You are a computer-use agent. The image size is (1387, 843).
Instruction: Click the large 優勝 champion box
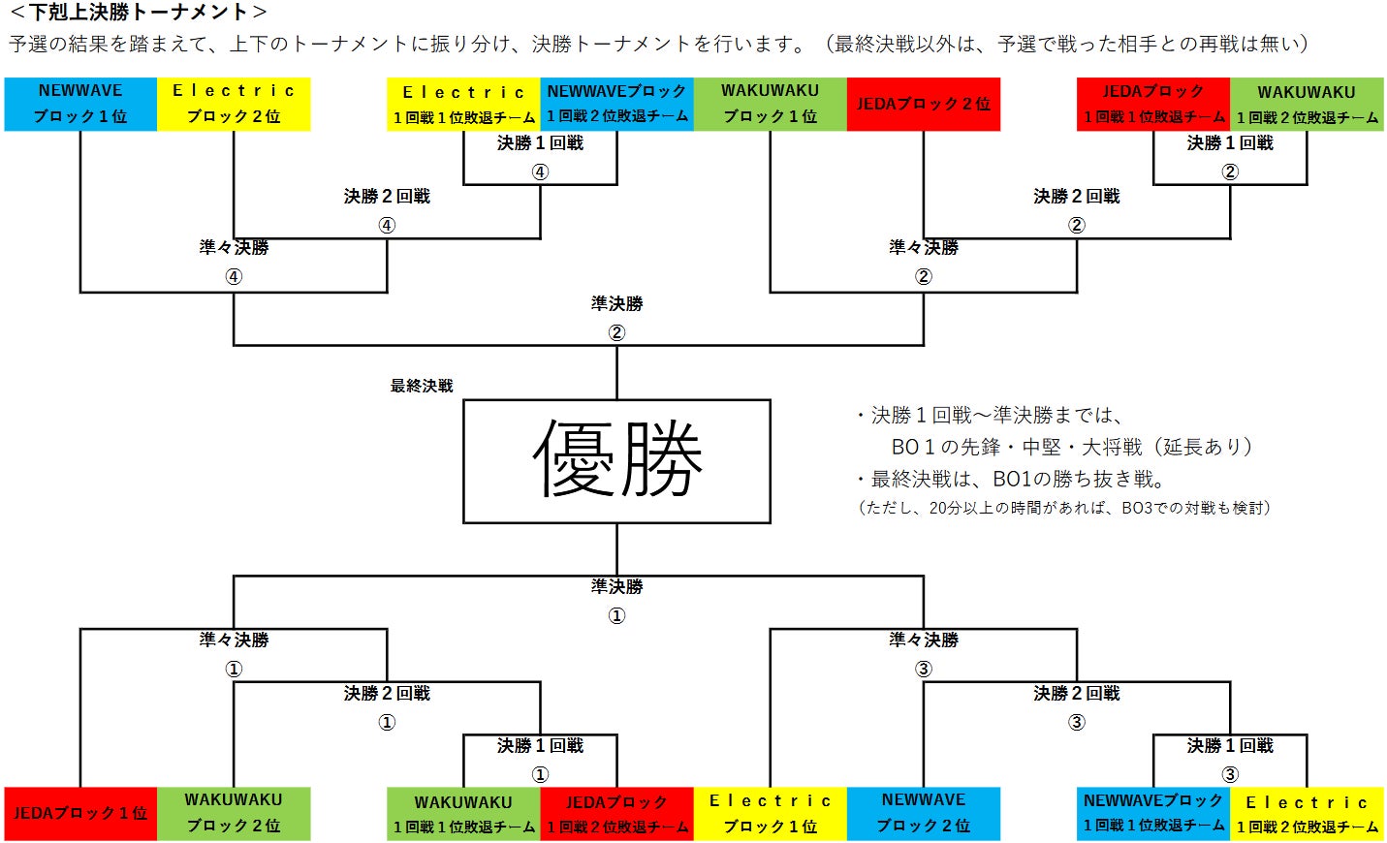pos(616,461)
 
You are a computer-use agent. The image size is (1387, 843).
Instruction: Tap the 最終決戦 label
pos(422,386)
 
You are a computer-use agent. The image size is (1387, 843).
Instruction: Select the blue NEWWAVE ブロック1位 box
pos(80,104)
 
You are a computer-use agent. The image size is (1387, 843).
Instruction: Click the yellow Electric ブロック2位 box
pos(234,104)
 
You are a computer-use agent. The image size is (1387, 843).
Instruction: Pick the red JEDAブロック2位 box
pos(924,104)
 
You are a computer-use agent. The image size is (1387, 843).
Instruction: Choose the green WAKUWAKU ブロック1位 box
pos(771,104)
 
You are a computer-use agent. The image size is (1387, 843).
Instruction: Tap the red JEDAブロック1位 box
pos(80,813)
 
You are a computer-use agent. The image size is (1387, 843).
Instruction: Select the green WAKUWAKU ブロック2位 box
pos(234,813)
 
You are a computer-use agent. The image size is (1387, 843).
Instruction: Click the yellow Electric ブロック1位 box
pos(771,813)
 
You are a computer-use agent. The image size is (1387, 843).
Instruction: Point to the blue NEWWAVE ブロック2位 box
pos(924,813)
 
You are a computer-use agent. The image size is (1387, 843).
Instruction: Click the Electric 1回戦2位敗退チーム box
pos(1307,814)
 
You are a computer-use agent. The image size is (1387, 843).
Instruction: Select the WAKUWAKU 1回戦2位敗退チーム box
pos(1307,105)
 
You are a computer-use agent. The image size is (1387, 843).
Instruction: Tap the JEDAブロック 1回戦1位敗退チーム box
pos(1153,105)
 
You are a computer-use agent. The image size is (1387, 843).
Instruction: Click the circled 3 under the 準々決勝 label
pos(924,669)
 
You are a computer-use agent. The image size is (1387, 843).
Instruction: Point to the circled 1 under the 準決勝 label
pos(616,615)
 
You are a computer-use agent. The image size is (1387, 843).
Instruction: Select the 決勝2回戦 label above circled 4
pos(387,197)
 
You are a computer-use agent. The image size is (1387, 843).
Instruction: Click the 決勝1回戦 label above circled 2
pos(1230,143)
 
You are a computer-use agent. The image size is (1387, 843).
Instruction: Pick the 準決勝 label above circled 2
pos(616,304)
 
